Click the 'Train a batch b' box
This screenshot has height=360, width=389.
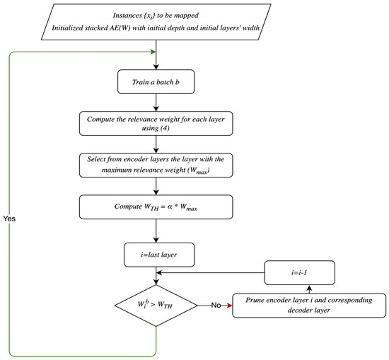click(x=155, y=82)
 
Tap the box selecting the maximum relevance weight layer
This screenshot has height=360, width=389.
click(x=155, y=167)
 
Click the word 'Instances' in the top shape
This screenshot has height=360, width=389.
click(x=122, y=13)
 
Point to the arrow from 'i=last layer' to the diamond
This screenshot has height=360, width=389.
click(x=155, y=277)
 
